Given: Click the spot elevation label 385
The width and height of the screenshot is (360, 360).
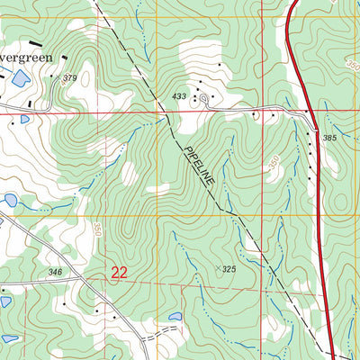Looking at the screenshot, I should coord(328,138).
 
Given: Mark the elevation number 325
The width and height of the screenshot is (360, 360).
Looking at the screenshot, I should coord(229,269).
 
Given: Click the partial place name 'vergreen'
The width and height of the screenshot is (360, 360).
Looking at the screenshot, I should coord(25,56).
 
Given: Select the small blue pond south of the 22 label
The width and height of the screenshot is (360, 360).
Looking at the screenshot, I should coord(175,318).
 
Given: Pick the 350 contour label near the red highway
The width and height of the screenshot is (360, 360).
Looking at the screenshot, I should coord(273,162).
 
